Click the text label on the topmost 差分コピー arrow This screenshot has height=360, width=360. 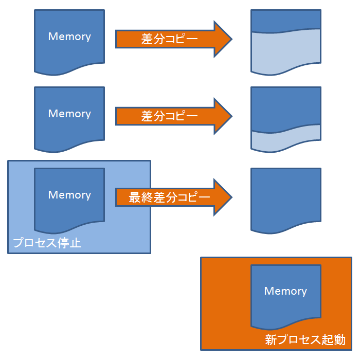coord(170,39)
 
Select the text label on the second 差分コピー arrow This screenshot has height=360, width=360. coord(170,116)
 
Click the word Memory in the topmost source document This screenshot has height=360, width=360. coord(69,37)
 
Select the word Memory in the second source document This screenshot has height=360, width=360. coord(69,114)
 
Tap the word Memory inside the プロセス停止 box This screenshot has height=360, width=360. coord(69,195)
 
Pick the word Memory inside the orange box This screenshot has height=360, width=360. coord(285,291)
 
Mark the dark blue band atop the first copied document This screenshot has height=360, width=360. coord(286,20)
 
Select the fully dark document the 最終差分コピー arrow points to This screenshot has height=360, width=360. coord(286,198)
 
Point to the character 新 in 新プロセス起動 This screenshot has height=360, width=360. coord(271,339)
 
